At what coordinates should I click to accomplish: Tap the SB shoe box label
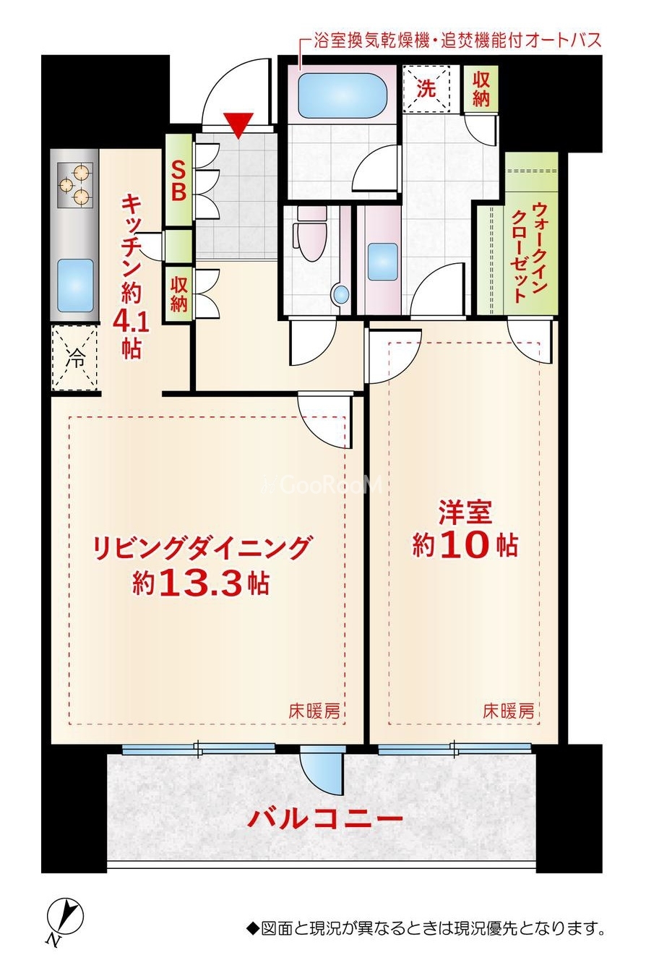(178, 181)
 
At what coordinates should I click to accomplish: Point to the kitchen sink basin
(75, 286)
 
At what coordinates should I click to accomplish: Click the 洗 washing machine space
(426, 89)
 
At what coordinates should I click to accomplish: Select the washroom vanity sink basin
(382, 262)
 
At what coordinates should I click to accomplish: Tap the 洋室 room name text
(465, 513)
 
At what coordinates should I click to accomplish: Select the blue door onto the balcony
(322, 770)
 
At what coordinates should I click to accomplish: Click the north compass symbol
(64, 915)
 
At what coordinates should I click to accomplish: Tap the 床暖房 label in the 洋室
(508, 711)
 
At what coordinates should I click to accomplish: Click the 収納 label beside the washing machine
(481, 89)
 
